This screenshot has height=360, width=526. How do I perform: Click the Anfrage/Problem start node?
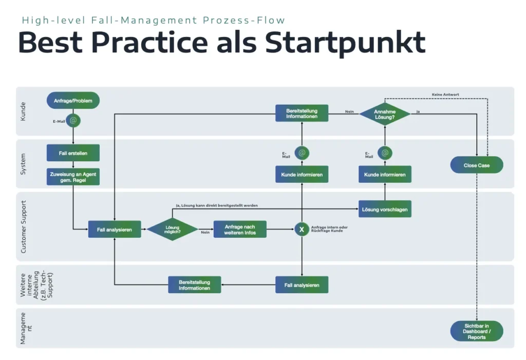(73, 101)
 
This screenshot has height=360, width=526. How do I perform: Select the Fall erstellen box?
(73, 153)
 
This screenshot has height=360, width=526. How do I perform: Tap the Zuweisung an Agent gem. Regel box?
(73, 177)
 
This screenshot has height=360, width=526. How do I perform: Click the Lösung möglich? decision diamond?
(173, 229)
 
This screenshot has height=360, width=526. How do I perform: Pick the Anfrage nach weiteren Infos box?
(240, 229)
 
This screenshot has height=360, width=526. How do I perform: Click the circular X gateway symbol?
(302, 230)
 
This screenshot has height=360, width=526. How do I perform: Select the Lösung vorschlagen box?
(385, 209)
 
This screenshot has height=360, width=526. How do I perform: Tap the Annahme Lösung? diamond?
(385, 114)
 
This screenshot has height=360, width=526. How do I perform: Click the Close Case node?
(477, 165)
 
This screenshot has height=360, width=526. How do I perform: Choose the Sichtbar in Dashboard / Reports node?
(477, 331)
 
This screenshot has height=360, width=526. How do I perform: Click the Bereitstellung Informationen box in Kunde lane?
(302, 113)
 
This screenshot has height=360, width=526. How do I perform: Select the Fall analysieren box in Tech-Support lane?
(302, 285)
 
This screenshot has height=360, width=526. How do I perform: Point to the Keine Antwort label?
(445, 94)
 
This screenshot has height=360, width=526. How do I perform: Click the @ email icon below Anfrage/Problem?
(73, 121)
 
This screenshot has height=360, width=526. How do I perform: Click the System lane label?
(24, 164)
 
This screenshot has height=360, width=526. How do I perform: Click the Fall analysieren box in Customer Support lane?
(115, 230)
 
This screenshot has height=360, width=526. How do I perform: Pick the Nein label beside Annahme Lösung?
(349, 111)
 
